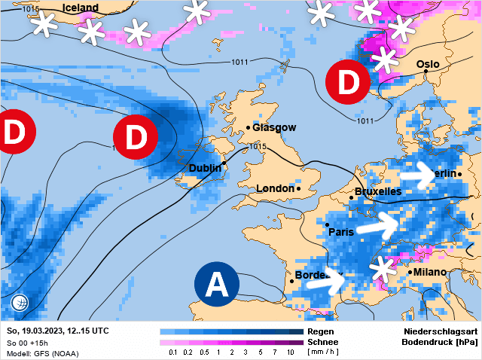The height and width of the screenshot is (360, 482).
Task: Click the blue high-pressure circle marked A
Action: (x=217, y=284)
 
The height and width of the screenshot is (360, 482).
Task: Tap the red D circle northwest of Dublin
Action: (x=135, y=138)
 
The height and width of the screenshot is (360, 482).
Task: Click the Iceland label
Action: (x=81, y=8)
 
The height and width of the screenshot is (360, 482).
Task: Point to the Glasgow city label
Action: (x=274, y=127)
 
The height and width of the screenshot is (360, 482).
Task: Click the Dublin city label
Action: (x=205, y=168)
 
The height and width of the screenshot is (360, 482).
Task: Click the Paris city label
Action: (x=341, y=232)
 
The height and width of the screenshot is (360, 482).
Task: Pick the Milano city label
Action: (x=429, y=272)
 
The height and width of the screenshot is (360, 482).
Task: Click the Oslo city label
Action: (x=428, y=65)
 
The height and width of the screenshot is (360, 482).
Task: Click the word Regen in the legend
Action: (x=320, y=331)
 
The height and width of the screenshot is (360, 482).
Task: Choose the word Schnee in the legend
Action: (x=322, y=342)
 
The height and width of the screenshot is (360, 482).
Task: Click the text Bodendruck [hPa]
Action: (x=440, y=342)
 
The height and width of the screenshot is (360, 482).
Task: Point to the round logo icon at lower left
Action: (x=20, y=303)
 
